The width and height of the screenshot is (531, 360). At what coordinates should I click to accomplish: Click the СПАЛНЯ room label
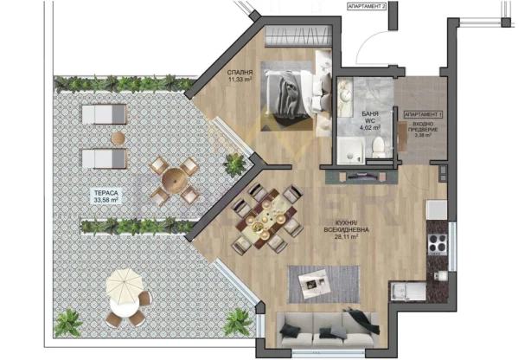coord(240,72)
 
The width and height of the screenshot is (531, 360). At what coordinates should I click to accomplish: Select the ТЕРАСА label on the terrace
coord(106,193)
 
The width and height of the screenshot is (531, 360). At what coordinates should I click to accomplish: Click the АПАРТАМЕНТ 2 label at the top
coord(367,5)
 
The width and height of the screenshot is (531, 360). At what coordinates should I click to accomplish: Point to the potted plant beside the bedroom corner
coord(234,163)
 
